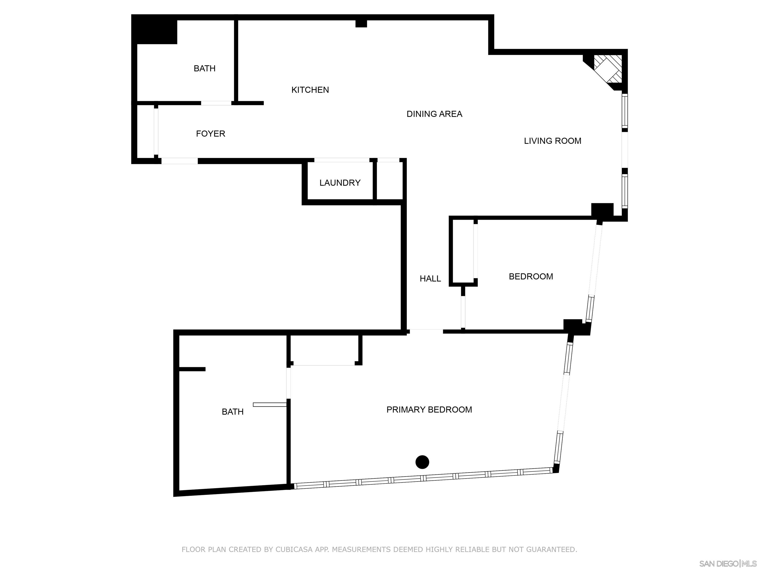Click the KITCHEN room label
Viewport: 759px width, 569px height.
tap(310, 90)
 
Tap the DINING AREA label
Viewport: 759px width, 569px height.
tap(434, 114)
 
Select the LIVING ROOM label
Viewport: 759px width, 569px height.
tap(552, 141)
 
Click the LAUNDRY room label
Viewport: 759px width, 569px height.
tap(340, 183)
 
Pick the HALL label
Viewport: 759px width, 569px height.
tap(430, 279)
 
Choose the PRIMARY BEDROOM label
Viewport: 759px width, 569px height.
tap(429, 409)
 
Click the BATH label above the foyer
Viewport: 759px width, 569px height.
tap(205, 68)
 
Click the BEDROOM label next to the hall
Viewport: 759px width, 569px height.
tap(530, 276)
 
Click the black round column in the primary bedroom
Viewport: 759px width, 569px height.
tap(422, 462)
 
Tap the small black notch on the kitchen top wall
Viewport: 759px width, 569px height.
tap(361, 23)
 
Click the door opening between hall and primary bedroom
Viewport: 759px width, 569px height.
tap(426, 331)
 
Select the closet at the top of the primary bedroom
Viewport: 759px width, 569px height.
tap(324, 350)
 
